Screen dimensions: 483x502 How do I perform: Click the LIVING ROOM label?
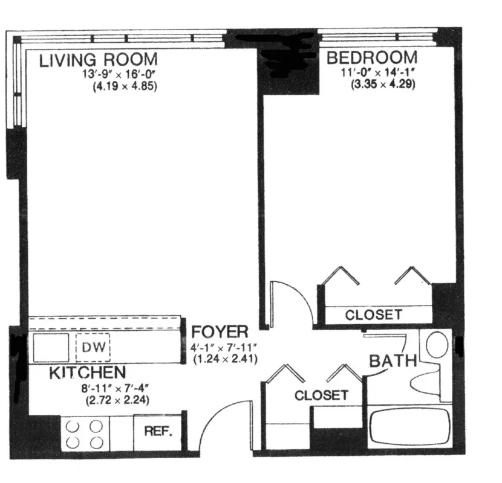tap(99, 60)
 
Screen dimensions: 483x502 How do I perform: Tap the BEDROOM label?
tap(371, 58)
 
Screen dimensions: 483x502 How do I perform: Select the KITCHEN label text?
tap(87, 373)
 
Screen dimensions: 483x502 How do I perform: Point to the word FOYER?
tap(220, 332)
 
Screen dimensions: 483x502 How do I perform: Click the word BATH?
tap(393, 362)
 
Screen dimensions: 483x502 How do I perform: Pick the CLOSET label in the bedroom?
tap(373, 315)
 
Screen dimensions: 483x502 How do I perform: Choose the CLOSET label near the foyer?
tap(321, 395)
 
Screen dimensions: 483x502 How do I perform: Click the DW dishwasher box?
tap(93, 348)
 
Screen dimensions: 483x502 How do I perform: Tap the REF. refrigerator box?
tap(158, 432)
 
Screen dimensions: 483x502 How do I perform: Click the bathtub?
tap(410, 427)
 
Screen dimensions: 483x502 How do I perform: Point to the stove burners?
tap(84, 434)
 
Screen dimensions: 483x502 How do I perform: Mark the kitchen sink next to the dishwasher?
tap(50, 348)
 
